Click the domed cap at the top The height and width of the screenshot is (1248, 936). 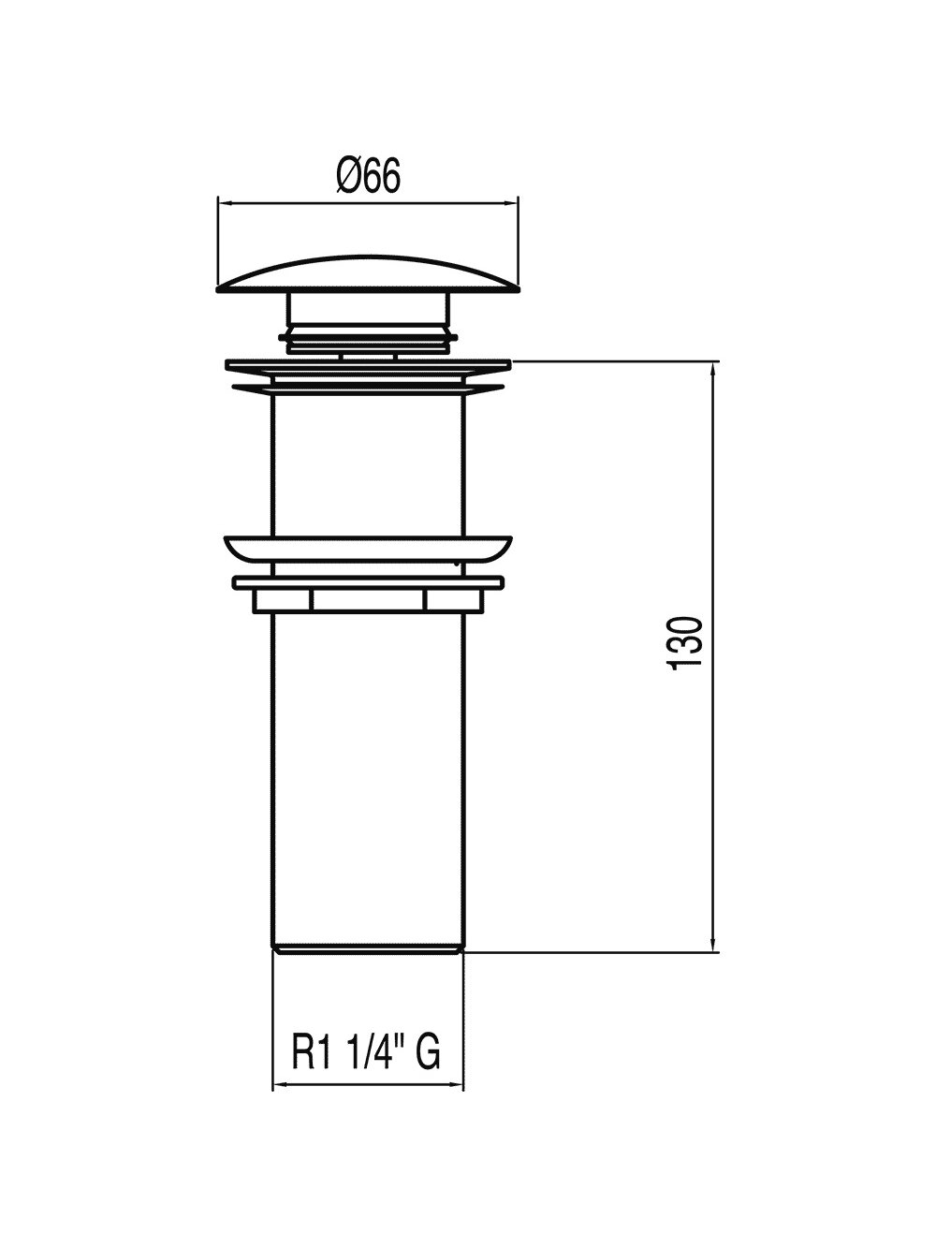368,274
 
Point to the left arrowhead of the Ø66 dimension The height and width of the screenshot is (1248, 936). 224,202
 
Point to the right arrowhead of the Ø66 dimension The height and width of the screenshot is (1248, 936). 512,202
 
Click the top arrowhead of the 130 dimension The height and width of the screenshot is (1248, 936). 714,368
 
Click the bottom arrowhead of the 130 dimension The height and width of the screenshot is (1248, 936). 714,945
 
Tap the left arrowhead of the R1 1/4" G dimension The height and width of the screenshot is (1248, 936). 280,1100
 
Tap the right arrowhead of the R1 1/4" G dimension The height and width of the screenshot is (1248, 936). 457,1100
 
